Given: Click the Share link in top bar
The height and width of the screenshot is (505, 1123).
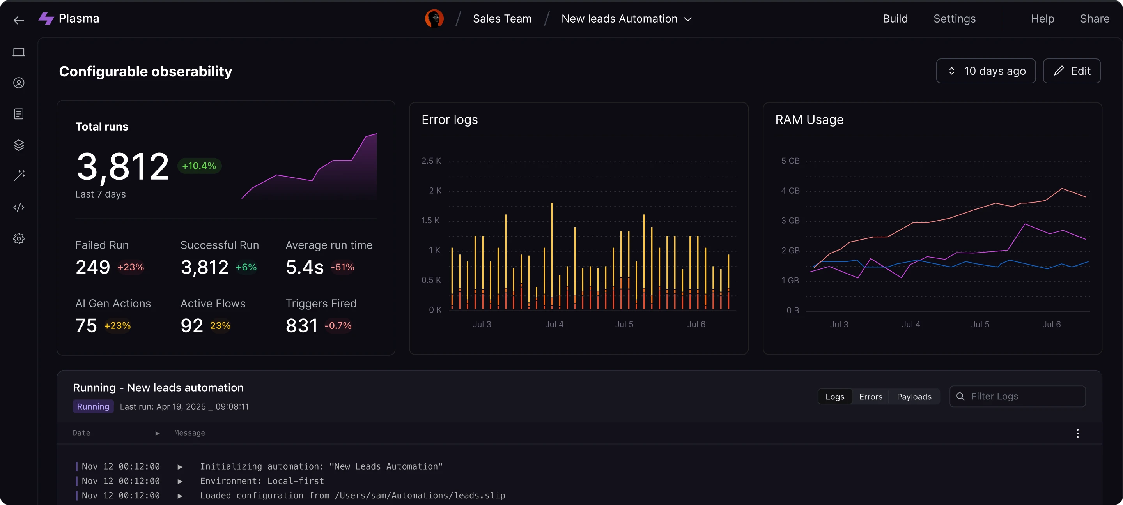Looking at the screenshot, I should click(x=1094, y=19).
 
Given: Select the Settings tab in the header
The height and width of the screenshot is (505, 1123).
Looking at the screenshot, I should click(x=954, y=19).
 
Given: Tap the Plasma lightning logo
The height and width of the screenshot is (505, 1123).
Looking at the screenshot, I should click(x=46, y=19).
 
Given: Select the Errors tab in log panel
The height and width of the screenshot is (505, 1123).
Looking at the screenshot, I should click(x=870, y=397).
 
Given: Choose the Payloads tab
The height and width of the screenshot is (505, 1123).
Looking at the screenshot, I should click(x=914, y=397).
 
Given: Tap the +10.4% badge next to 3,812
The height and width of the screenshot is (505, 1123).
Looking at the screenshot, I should click(x=199, y=166).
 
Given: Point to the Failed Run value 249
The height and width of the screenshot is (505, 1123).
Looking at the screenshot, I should click(x=92, y=267).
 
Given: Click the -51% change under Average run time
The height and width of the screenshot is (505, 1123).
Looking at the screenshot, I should click(x=342, y=267).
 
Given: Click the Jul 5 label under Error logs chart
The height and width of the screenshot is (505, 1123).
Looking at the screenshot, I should click(x=624, y=324).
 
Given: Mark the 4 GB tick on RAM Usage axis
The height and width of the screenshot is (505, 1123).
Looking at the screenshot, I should click(x=790, y=191).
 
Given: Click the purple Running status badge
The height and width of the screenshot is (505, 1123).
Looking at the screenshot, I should click(x=93, y=406).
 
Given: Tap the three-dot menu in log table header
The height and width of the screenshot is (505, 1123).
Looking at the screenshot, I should click(x=1077, y=433).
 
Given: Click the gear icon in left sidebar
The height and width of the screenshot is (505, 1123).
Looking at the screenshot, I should click(x=19, y=238).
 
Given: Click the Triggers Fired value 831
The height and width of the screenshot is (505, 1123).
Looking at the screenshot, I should click(x=301, y=325).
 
